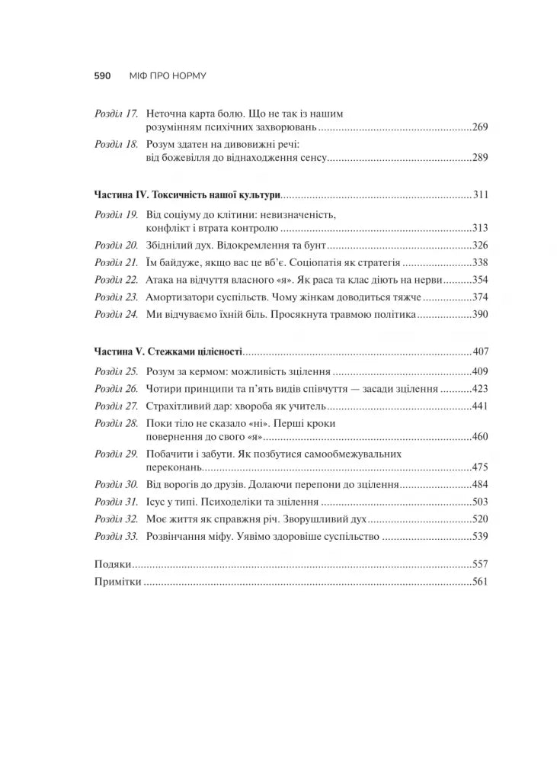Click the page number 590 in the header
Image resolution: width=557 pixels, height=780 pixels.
(x=103, y=76)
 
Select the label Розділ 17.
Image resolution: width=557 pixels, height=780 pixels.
(x=116, y=114)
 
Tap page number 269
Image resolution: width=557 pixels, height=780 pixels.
(x=479, y=127)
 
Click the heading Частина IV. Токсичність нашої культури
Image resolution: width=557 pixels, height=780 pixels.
(x=187, y=194)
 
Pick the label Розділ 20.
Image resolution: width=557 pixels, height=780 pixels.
(x=116, y=245)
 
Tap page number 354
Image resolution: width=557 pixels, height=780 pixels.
(x=479, y=280)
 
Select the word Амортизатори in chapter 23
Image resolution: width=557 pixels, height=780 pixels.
(x=178, y=297)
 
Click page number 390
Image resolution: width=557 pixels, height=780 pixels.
(x=479, y=314)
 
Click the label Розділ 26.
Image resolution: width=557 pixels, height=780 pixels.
(x=116, y=388)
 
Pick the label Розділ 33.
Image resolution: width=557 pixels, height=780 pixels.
(x=116, y=536)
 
